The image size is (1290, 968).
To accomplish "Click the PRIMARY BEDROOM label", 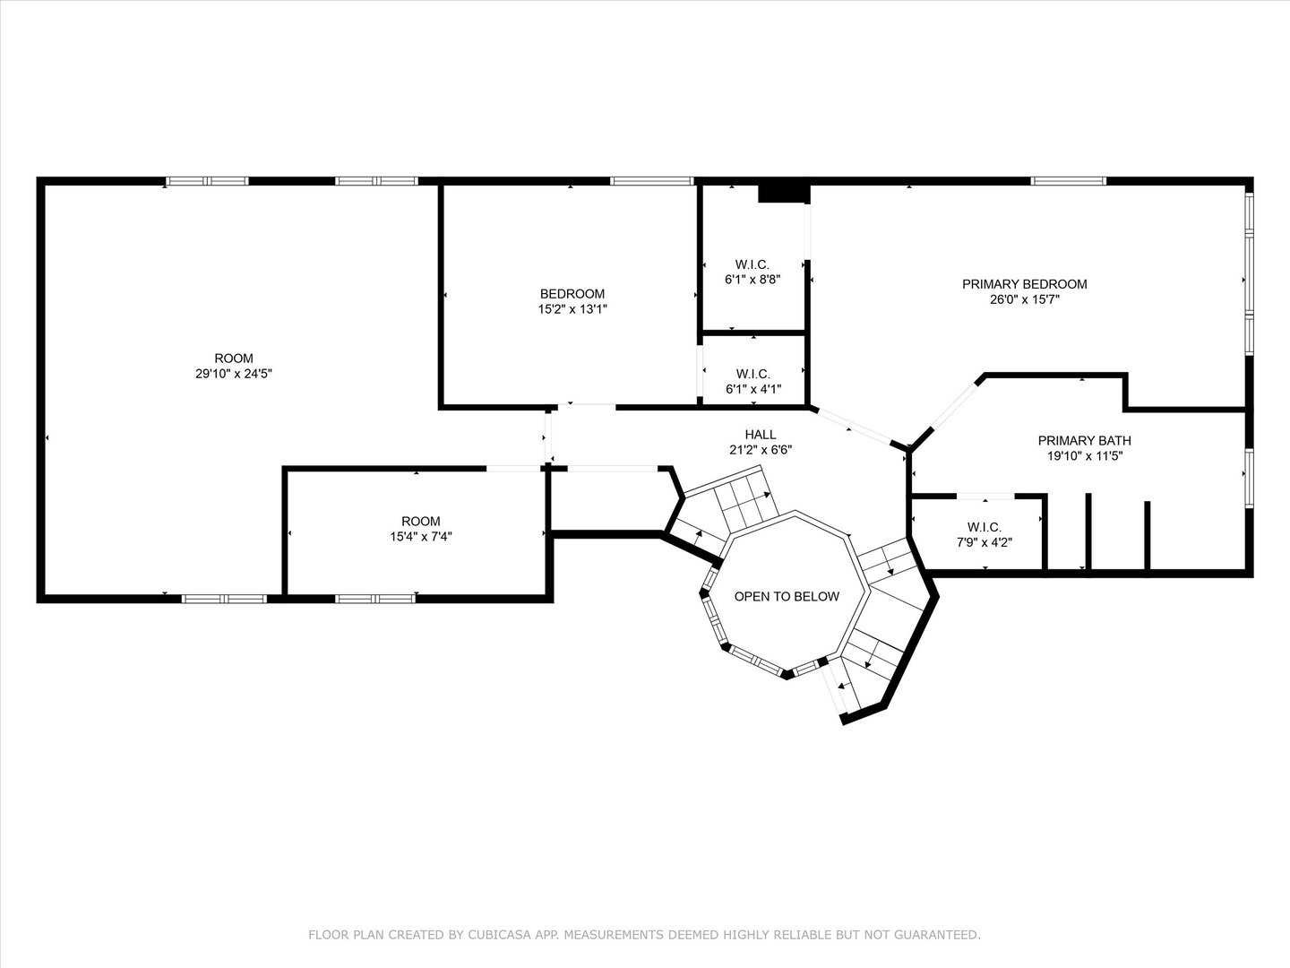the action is (x=1024, y=284).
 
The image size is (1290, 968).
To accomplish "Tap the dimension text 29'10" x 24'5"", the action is (x=234, y=374).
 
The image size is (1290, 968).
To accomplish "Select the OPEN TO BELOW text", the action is (x=787, y=597).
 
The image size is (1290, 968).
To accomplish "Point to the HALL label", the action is (x=761, y=435).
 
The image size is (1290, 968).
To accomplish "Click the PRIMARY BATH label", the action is (x=1084, y=441).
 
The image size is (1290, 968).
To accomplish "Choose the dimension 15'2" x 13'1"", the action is (x=572, y=309).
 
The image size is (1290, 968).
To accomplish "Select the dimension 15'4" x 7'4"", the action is (x=421, y=537).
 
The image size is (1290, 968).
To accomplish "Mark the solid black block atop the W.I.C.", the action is (x=784, y=194).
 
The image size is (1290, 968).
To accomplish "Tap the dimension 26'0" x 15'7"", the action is (x=1024, y=299).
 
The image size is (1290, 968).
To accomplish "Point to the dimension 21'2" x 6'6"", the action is (x=761, y=450).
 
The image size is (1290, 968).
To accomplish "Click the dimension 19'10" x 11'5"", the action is (x=1084, y=456).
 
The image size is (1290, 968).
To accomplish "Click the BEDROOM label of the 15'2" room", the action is (x=572, y=294).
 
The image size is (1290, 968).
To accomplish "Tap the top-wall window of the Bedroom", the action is (x=652, y=181).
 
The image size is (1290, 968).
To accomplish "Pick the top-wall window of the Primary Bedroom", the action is (x=1069, y=181).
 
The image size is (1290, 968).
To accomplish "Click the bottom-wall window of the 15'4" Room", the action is (x=375, y=599).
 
